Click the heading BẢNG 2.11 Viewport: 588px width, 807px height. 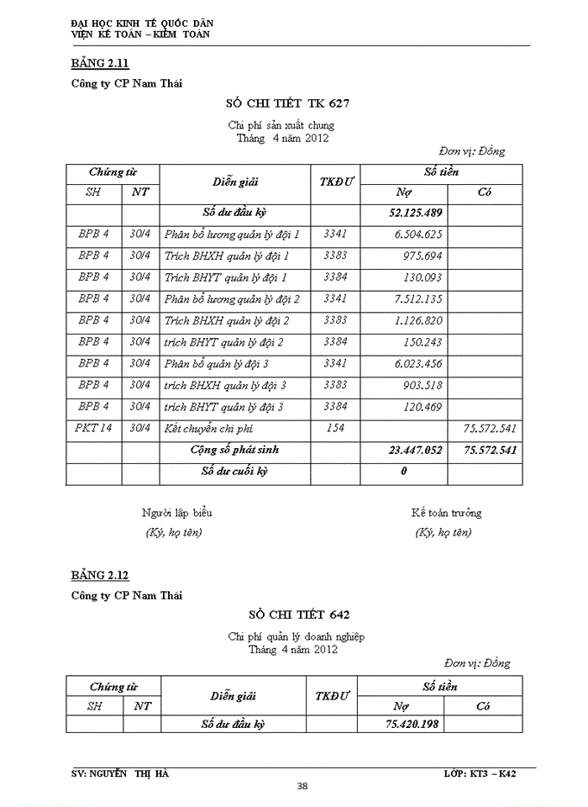point(100,63)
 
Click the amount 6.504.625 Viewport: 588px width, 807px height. point(418,235)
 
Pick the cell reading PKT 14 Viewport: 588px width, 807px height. point(94,428)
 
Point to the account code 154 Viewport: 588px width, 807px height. point(334,428)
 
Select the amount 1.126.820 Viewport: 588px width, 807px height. point(418,320)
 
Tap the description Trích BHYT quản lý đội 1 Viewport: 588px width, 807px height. point(226,277)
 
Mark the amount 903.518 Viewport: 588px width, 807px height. point(424,385)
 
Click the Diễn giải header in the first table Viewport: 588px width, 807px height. point(234,181)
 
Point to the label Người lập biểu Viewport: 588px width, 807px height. point(177,512)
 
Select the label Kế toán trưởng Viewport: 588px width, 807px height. point(446,512)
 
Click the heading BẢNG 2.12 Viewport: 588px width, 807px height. point(100,576)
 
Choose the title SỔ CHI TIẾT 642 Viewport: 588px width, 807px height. point(293,615)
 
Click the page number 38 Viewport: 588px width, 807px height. point(302,786)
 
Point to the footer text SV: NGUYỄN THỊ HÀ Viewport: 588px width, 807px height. point(119,773)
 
